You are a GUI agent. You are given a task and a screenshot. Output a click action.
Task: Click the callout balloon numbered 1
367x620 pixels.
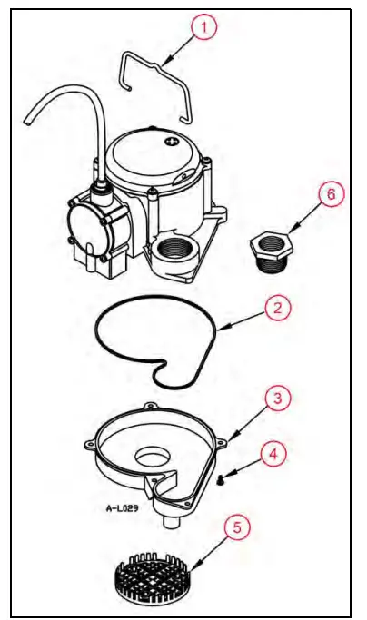204,28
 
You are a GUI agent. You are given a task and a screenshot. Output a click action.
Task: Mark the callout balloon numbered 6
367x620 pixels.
330,195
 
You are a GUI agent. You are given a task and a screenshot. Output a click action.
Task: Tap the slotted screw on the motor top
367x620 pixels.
170,142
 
